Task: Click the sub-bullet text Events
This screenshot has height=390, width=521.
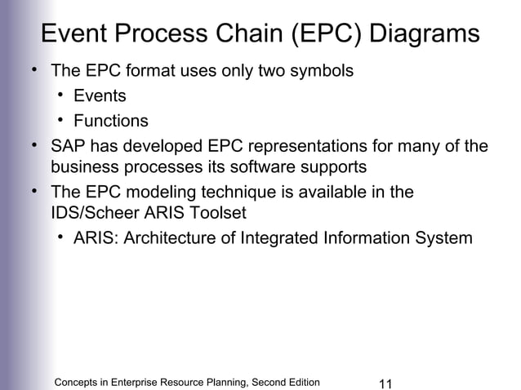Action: click(100, 96)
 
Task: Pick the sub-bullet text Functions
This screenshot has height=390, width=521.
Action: click(111, 122)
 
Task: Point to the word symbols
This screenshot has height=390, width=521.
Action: click(323, 71)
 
